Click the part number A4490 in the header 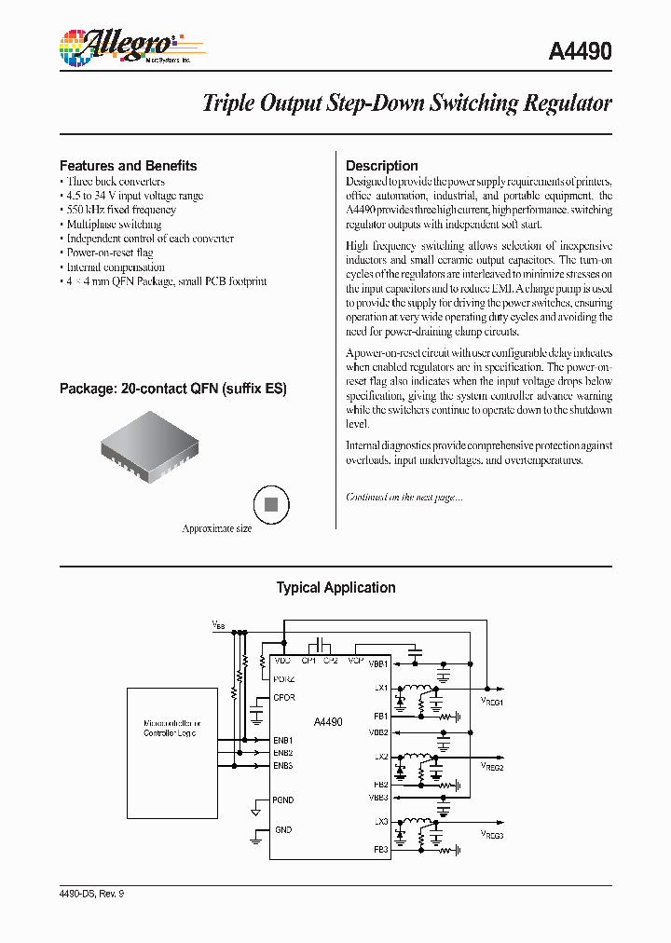click(575, 52)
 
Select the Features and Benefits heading click(129, 166)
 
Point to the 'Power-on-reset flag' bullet click(110, 253)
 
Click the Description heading click(381, 166)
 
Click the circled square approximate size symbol click(271, 504)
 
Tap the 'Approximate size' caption click(216, 528)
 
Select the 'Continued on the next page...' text click(404, 498)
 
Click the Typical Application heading click(335, 588)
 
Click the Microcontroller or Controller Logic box click(171, 728)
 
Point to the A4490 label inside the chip click(328, 722)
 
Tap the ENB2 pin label click(283, 752)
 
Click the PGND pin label click(283, 799)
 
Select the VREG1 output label click(491, 702)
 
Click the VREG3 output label click(491, 836)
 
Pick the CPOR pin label click(284, 697)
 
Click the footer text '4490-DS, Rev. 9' click(91, 894)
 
